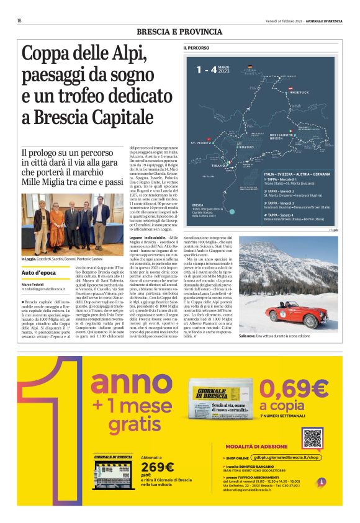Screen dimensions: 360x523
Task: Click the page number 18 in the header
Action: pyautogui.click(x=20, y=20)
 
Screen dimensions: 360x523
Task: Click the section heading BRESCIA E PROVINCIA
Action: pyautogui.click(x=179, y=32)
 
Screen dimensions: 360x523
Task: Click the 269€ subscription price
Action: pyautogui.click(x=159, y=467)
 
